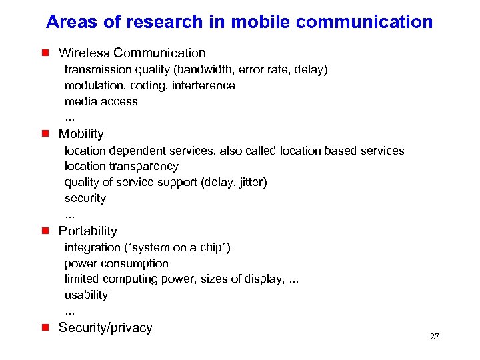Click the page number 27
click(435, 337)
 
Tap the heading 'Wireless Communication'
click(132, 53)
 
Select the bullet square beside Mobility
click(45, 133)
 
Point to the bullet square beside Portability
click(45, 231)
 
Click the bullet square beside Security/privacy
click(45, 327)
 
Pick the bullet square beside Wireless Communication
click(45, 53)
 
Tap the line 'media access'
click(101, 101)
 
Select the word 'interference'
click(203, 85)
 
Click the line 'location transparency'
click(121, 166)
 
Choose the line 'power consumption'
click(117, 263)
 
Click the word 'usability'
click(86, 295)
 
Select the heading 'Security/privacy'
click(105, 327)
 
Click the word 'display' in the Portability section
click(263, 279)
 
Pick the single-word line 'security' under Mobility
click(85, 198)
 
